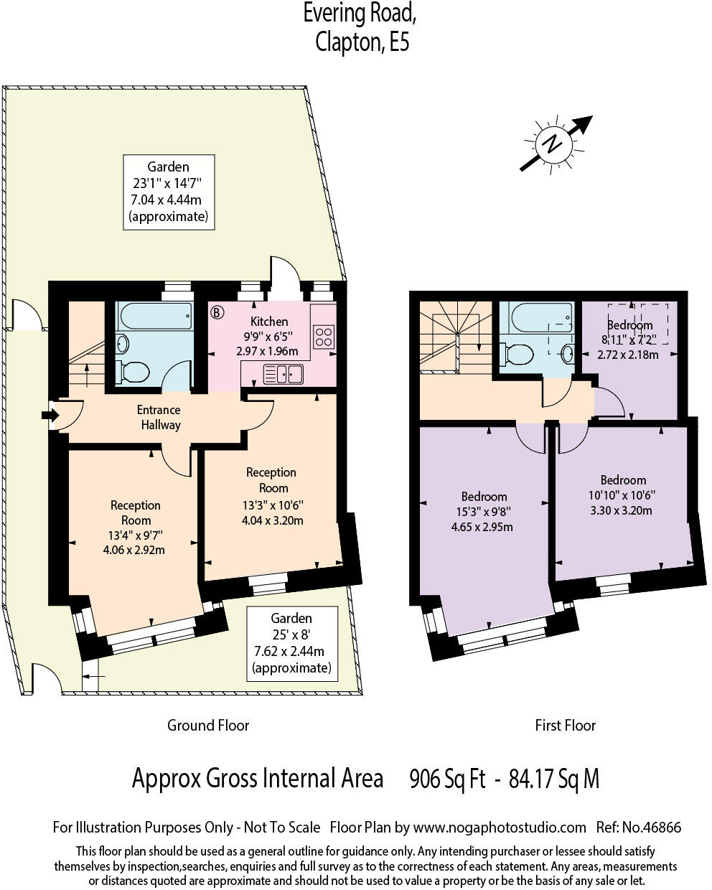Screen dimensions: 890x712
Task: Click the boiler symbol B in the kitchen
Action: (217, 312)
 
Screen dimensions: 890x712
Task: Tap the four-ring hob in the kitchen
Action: (324, 337)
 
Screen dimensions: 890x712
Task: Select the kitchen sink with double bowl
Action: (284, 374)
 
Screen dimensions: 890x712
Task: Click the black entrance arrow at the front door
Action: (51, 415)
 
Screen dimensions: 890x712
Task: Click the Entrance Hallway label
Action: (159, 417)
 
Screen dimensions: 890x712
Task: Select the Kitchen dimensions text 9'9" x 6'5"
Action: (269, 337)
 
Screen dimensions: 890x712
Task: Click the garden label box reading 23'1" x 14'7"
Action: (168, 192)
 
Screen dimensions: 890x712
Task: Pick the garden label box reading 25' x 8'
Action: (291, 643)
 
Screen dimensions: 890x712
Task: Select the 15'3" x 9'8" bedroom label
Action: (484, 512)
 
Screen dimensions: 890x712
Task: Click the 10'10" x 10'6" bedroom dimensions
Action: (623, 495)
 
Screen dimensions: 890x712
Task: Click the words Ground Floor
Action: (208, 725)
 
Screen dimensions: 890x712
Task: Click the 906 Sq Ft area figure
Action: (447, 779)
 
